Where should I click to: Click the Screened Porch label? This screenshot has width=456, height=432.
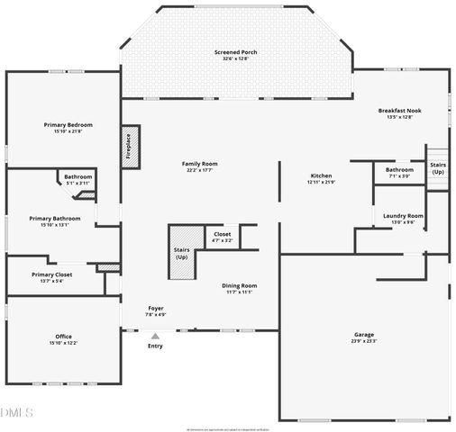point(235,53)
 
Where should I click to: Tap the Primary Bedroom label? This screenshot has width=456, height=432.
point(68,125)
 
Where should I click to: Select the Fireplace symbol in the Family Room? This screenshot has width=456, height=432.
point(128,146)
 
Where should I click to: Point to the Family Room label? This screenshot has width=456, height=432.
point(202,164)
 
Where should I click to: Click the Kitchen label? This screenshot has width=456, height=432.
point(321,175)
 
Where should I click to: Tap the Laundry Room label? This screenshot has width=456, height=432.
point(403,216)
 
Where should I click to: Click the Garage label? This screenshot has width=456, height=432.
point(363,335)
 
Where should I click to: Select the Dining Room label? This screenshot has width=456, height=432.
point(239,285)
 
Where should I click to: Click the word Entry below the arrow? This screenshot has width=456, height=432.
point(155,346)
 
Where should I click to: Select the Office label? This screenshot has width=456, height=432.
point(63,337)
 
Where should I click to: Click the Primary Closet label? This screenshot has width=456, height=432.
point(50,274)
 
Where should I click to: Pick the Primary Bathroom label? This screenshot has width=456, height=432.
point(54,219)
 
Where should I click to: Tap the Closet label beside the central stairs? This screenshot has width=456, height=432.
point(222,235)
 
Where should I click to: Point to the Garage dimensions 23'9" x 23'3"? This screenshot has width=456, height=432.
point(363,341)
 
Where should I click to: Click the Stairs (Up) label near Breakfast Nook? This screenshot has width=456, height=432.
point(438,168)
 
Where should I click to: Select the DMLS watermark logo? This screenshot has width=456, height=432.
point(16,412)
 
